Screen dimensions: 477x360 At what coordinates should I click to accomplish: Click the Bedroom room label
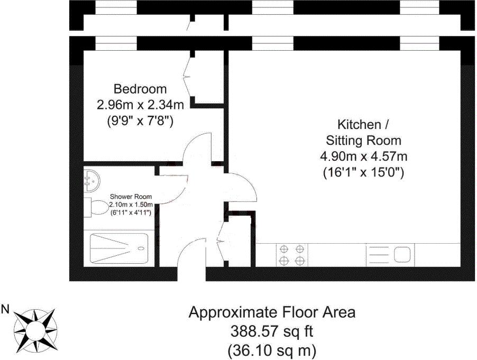[x=140, y=89]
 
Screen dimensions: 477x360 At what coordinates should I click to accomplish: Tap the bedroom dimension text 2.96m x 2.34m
[x=140, y=105]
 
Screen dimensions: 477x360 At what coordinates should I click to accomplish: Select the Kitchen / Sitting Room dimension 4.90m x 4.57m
[x=363, y=156]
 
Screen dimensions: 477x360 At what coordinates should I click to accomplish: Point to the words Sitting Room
[x=363, y=141]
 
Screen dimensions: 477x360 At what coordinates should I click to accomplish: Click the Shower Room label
[x=131, y=197]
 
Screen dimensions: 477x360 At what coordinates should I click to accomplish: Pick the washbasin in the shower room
[x=91, y=181]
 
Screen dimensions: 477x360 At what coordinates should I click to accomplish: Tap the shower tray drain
[x=141, y=248]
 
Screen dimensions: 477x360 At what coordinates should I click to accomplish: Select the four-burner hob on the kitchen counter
[x=292, y=255]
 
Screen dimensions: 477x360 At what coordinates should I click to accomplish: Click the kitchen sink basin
[x=402, y=254]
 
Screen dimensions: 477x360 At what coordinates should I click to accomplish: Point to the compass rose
[x=36, y=329]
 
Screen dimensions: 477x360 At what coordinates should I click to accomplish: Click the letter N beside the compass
[x=5, y=310]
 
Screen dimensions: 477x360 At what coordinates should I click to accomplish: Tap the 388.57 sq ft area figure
[x=272, y=331]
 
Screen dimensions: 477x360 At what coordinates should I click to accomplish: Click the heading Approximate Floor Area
[x=272, y=312]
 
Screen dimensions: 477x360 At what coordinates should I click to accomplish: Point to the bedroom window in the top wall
[x=116, y=43]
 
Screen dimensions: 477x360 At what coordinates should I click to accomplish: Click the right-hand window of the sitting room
[x=419, y=43]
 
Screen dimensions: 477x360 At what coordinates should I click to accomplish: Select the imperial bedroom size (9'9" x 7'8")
[x=140, y=122]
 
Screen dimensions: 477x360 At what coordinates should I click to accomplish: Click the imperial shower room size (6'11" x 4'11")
[x=131, y=213]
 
